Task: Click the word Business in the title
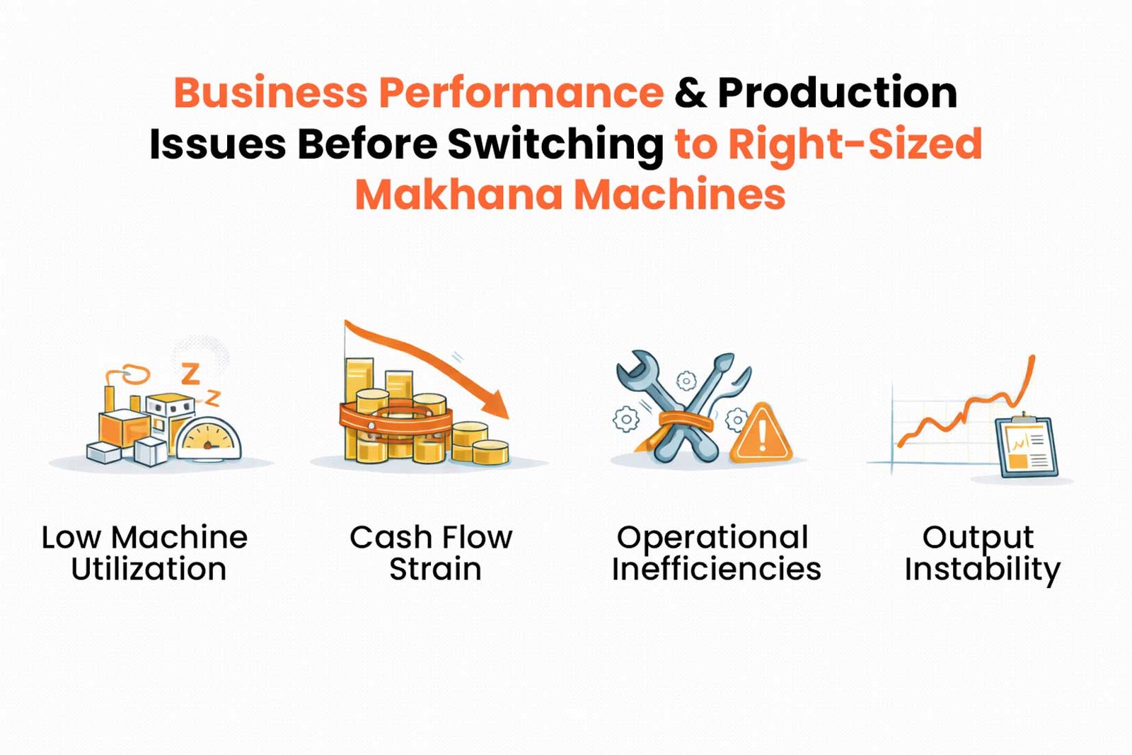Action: (x=270, y=92)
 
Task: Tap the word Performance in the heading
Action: (x=521, y=92)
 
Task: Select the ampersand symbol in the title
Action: (x=691, y=92)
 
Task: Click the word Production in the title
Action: (x=838, y=92)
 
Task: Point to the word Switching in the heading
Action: (x=555, y=146)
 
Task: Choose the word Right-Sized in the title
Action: (x=854, y=144)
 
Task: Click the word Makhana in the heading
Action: (x=458, y=195)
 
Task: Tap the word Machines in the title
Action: (x=679, y=195)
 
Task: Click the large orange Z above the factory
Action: (x=190, y=374)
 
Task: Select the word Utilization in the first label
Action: (x=149, y=570)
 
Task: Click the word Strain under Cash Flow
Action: (x=434, y=570)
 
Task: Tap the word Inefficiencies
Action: (x=716, y=570)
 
